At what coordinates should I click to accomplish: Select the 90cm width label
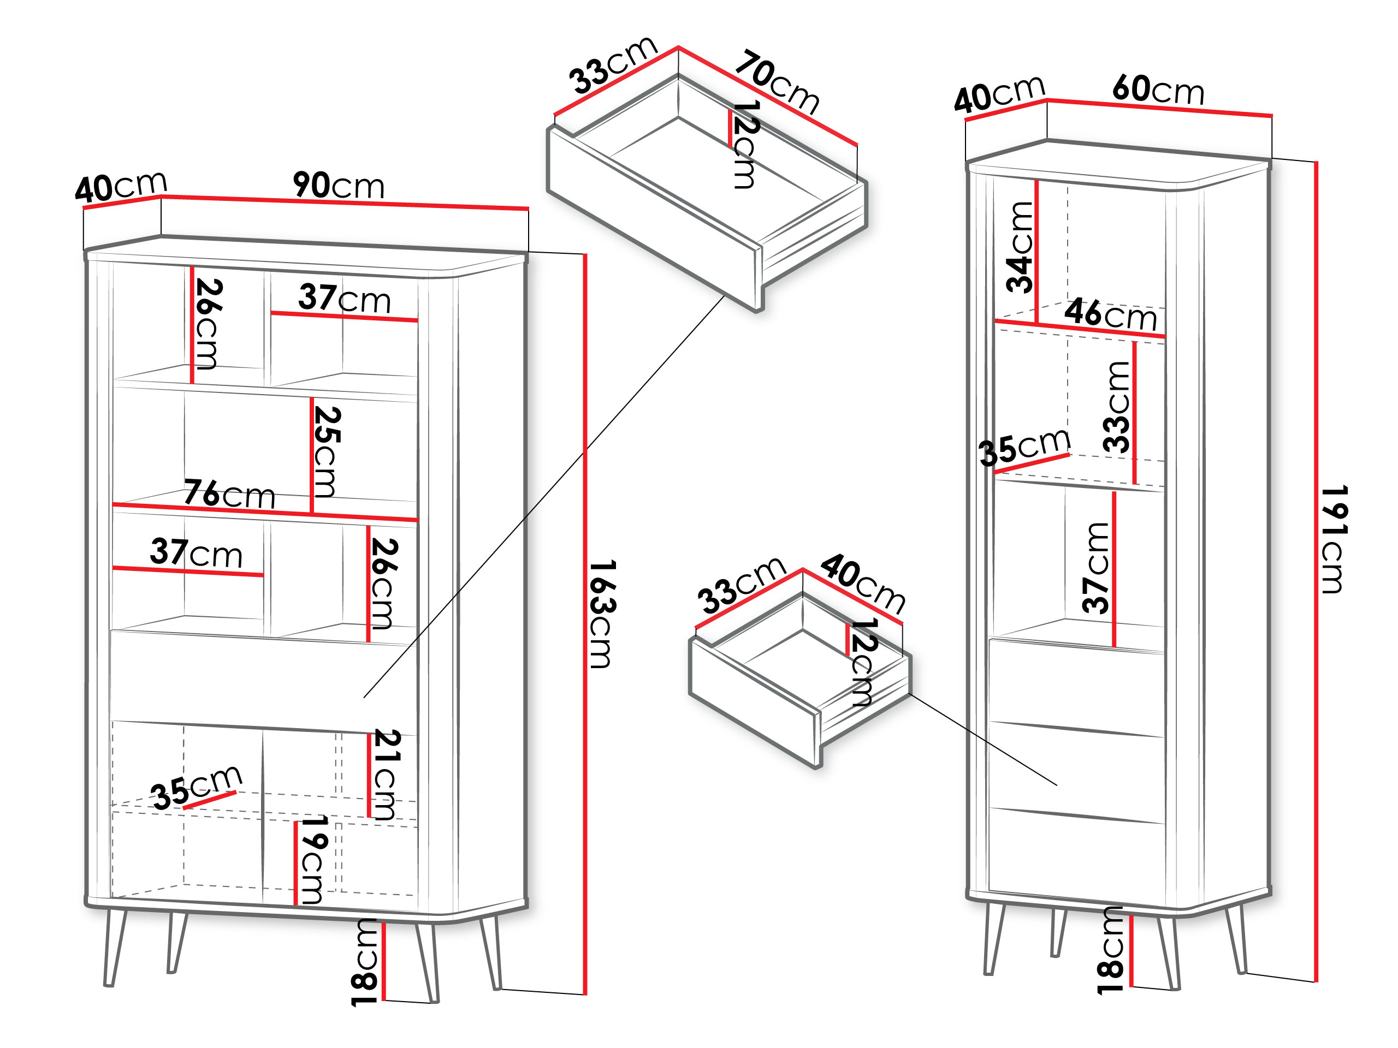[339, 185]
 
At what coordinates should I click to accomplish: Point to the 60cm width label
[1158, 89]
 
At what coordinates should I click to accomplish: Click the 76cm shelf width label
[229, 493]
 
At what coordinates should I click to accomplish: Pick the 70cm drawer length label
[777, 82]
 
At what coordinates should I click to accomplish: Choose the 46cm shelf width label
[1110, 314]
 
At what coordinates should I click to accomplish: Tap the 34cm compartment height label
[1020, 247]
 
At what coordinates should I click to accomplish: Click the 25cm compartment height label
[327, 451]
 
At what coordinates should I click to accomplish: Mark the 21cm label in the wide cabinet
[386, 775]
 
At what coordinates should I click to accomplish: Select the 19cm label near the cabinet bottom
[313, 860]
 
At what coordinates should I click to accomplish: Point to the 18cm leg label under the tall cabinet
[1110, 950]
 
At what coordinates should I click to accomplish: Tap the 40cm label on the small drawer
[863, 582]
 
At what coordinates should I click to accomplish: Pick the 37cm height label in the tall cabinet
[1095, 568]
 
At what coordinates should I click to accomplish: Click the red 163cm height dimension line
[585, 624]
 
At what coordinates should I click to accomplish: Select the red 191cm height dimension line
[1317, 571]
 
